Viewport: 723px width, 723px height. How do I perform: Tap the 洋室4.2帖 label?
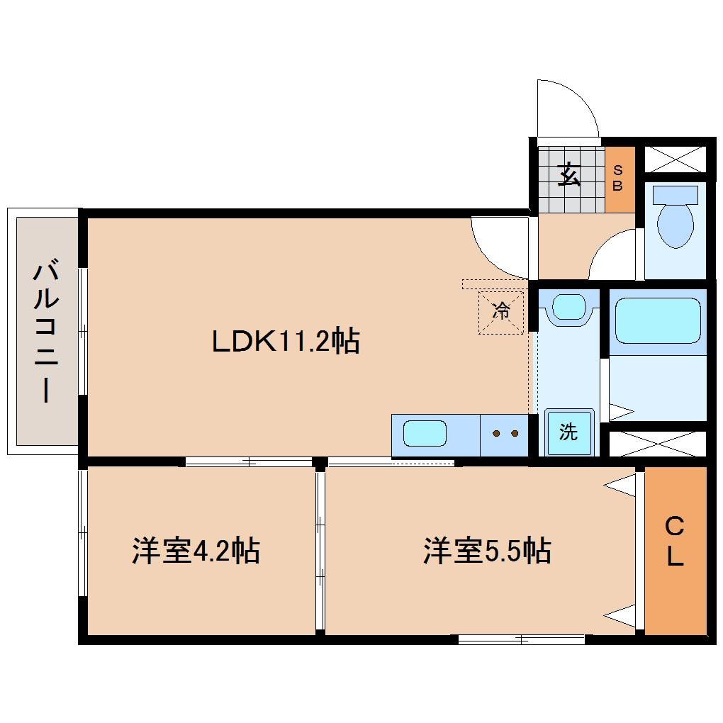click(195, 551)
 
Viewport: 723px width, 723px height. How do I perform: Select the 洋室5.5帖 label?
click(488, 551)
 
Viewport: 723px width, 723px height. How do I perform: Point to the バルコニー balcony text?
click(45, 332)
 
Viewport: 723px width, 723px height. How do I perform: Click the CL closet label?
click(675, 542)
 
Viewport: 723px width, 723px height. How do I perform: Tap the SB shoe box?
click(617, 179)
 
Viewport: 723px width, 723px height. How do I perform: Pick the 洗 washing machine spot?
click(568, 433)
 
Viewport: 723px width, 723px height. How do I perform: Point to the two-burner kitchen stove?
click(505, 433)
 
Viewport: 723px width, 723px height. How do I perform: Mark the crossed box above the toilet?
click(675, 158)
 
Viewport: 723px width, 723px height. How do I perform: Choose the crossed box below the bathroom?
click(657, 442)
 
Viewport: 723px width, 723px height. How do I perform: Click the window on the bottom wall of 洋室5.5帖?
click(522, 639)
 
